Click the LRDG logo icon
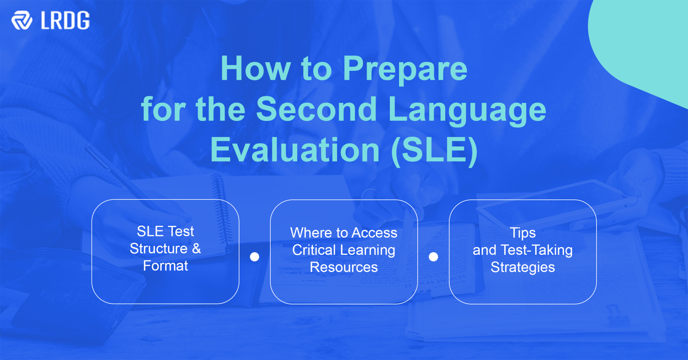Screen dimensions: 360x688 pyautogui.click(x=22, y=20)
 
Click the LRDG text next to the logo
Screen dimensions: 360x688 pyautogui.click(x=65, y=21)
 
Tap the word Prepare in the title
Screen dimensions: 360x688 pyautogui.click(x=405, y=69)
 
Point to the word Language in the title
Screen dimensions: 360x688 pyautogui.click(x=467, y=110)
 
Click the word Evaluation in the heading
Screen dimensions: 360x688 pyautogui.click(x=295, y=150)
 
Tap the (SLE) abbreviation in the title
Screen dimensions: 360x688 pyautogui.click(x=434, y=150)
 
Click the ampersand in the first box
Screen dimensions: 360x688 pyautogui.click(x=196, y=248)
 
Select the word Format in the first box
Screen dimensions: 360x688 pyautogui.click(x=165, y=266)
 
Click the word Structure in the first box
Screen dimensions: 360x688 pyautogui.click(x=158, y=249)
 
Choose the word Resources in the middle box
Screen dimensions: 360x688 pyautogui.click(x=344, y=267)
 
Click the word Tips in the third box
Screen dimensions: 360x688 pyautogui.click(x=523, y=233)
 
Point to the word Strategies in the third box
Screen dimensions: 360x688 pyautogui.click(x=523, y=267)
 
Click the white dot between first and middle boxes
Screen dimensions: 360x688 pyautogui.click(x=255, y=257)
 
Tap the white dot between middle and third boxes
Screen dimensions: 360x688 pyautogui.click(x=433, y=257)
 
